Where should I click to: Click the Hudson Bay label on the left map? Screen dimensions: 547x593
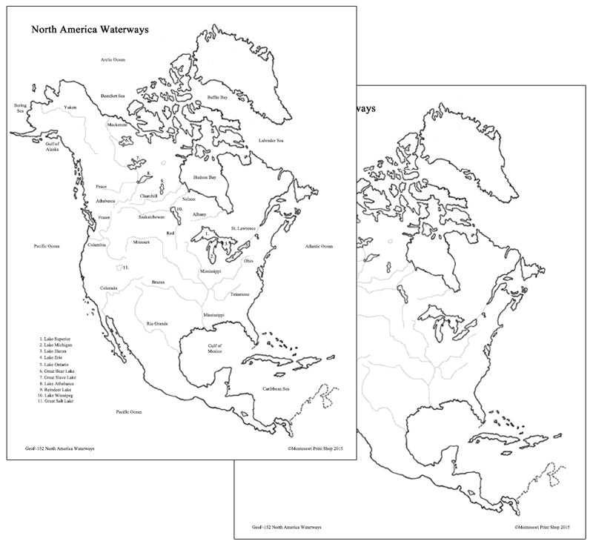205,178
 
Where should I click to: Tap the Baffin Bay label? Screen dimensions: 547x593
217,97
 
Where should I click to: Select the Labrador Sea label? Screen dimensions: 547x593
271,140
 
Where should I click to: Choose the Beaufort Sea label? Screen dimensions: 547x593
113,96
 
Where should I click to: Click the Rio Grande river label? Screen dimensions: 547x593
157,324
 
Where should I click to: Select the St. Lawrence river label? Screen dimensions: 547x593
243,228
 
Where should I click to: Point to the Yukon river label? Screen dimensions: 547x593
71,106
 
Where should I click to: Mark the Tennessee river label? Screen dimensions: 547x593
239,294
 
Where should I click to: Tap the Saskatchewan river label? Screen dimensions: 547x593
152,217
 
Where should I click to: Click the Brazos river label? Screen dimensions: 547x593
158,282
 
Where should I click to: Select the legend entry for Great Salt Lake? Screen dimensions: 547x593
57,401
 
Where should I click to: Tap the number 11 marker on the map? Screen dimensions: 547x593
127,267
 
